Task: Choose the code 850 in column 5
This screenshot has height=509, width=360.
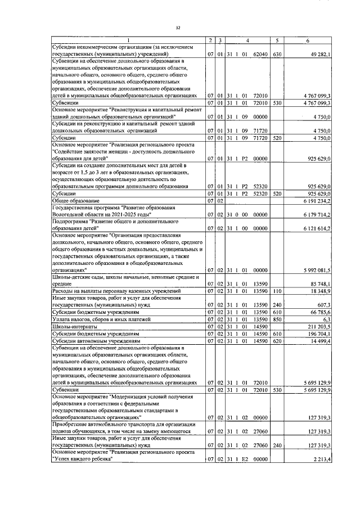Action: tap(276, 319)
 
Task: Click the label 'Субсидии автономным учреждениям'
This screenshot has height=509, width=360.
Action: tap(92, 340)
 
